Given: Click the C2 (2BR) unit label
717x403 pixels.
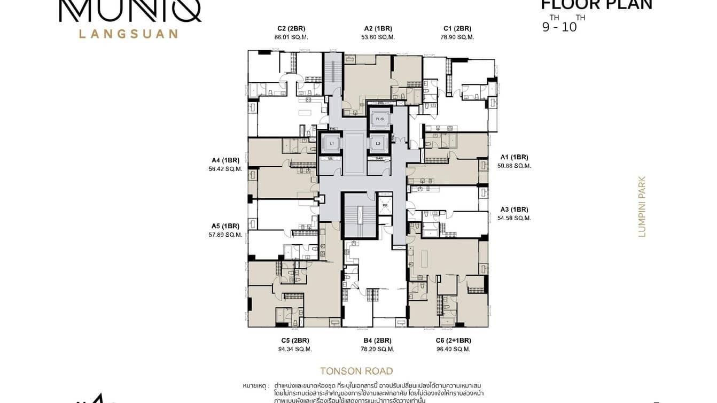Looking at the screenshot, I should pyautogui.click(x=291, y=28).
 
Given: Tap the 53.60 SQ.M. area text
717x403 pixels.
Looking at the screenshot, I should pyautogui.click(x=378, y=37).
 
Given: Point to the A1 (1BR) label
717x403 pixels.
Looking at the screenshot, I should pyautogui.click(x=514, y=157).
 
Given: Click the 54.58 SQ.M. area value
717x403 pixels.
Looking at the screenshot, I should pyautogui.click(x=514, y=218).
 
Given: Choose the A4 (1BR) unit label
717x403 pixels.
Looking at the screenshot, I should pyautogui.click(x=225, y=160).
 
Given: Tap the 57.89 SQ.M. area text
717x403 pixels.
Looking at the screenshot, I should pyautogui.click(x=225, y=235).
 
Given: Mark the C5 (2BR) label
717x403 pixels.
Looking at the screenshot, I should pyautogui.click(x=295, y=340).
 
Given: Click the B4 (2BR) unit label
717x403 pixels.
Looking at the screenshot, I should pyautogui.click(x=378, y=340).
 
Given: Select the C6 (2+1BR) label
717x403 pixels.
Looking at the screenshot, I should pyautogui.click(x=454, y=340).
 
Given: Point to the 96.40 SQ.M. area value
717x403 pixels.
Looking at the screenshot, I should pyautogui.click(x=454, y=349).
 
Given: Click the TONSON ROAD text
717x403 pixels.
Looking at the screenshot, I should pyautogui.click(x=356, y=371).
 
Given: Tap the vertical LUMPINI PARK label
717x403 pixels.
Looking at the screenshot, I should pyautogui.click(x=642, y=207).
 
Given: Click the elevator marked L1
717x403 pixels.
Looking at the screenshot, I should pyautogui.click(x=331, y=144).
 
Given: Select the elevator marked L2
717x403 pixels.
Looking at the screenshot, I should pyautogui.click(x=378, y=144).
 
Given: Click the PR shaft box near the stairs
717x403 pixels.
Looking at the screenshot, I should pyautogui.click(x=385, y=206).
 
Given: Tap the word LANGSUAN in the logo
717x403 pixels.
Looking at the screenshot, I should pyautogui.click(x=128, y=34).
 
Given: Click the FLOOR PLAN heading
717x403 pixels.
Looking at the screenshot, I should pyautogui.click(x=596, y=5).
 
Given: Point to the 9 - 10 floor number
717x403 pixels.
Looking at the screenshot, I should pyautogui.click(x=559, y=27).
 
